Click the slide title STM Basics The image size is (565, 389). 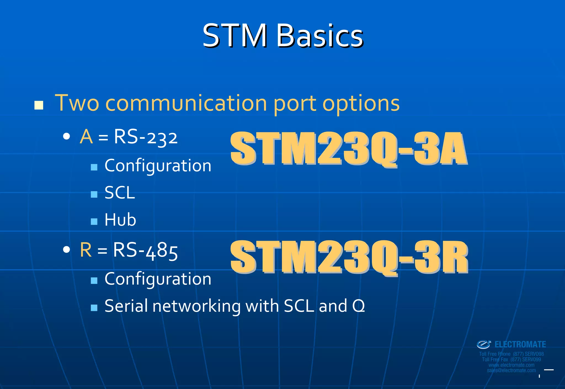(282, 36)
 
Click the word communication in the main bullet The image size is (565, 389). (186, 103)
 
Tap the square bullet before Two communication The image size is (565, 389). (39, 105)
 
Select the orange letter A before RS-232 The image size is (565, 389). (86, 137)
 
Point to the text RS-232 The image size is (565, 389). (146, 137)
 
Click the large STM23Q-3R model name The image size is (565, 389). (349, 257)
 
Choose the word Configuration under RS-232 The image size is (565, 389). (158, 166)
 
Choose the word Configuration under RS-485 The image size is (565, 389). (158, 279)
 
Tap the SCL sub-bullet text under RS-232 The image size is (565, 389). (120, 193)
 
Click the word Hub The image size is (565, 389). (120, 220)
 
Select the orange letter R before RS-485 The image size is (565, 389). (86, 250)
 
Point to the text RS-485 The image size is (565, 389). (145, 251)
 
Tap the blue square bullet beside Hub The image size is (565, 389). (94, 221)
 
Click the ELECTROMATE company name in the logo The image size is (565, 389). (520, 345)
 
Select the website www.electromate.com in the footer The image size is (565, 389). (511, 365)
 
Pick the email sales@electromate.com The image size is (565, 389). (511, 371)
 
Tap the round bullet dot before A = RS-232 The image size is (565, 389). (66, 136)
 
